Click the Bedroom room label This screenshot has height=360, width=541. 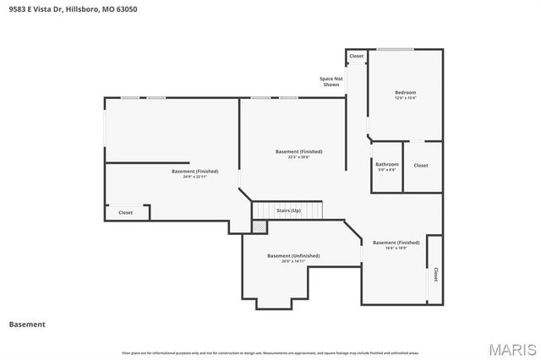coord(405,92)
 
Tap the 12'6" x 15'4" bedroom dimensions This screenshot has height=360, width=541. coord(405,98)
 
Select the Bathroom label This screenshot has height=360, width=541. coord(387,164)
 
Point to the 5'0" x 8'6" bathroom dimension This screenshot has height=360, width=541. coord(387,170)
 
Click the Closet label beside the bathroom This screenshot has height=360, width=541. coord(421,165)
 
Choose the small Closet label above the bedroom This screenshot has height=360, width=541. coord(356,56)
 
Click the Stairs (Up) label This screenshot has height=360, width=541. coord(288,210)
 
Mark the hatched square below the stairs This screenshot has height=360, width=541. coord(260,226)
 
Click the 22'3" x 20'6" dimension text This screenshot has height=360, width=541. coord(298,157)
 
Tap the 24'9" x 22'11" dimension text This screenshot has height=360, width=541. coord(189,177)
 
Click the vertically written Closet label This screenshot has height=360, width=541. coord(435,275)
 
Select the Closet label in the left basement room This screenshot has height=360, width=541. coord(125,212)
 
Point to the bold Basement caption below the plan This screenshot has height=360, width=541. coord(27,324)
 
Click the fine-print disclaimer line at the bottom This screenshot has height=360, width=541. coord(270,352)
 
